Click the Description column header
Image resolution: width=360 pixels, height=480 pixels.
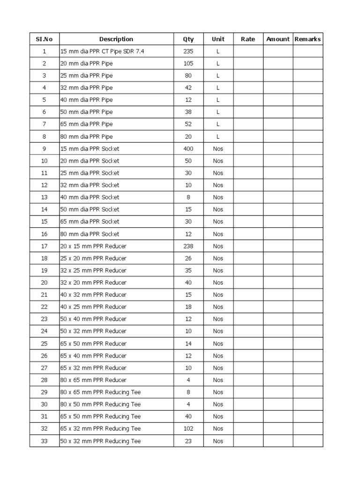click(x=116, y=39)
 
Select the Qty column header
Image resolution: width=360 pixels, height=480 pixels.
click(x=188, y=39)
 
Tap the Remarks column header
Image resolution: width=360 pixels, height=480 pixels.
click(x=307, y=39)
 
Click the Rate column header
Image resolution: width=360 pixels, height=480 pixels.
click(x=248, y=39)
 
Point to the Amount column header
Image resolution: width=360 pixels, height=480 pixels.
click(x=278, y=39)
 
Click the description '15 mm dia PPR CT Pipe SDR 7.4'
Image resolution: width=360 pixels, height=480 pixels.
click(x=102, y=52)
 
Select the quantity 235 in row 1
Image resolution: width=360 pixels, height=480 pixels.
click(x=188, y=52)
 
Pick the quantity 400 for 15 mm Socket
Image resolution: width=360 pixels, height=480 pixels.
click(x=188, y=149)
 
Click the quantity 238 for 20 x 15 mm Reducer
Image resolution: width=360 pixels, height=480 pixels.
click(x=188, y=247)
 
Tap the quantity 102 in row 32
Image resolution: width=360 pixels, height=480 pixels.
click(x=188, y=429)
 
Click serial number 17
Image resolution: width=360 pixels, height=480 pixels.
click(x=45, y=247)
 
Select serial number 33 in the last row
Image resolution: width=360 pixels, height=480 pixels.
click(x=45, y=441)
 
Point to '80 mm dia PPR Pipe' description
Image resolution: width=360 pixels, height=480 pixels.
click(x=86, y=137)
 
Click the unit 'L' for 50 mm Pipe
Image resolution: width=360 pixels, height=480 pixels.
click(x=218, y=112)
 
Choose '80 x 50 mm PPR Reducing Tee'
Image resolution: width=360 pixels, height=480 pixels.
click(x=100, y=405)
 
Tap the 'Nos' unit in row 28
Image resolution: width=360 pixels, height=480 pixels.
click(x=218, y=380)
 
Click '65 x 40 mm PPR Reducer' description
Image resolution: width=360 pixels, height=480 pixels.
click(x=93, y=356)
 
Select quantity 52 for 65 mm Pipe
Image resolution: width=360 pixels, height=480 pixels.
click(x=188, y=125)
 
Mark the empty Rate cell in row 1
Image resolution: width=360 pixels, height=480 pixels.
click(x=248, y=52)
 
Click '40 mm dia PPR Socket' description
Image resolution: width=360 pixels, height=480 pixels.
click(x=90, y=198)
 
